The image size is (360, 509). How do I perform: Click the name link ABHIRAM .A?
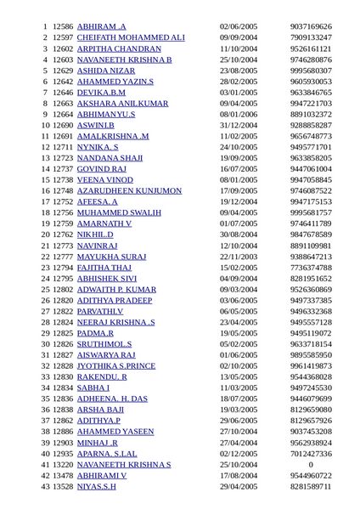(x=101, y=27)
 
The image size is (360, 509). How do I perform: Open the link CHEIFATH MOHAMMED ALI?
(x=130, y=38)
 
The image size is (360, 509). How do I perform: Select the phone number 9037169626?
(x=311, y=27)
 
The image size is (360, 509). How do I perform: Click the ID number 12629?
(x=63, y=71)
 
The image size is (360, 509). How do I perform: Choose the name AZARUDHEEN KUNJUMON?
(x=129, y=190)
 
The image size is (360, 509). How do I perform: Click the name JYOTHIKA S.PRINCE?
(x=116, y=365)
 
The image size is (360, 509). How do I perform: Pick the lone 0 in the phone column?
(x=311, y=465)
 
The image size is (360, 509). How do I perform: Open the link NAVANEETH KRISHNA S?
(x=124, y=465)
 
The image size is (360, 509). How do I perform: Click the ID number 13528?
(x=63, y=487)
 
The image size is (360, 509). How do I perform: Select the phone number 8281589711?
(x=311, y=487)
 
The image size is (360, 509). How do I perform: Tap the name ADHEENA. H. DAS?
(x=112, y=398)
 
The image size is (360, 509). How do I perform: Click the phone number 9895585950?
(x=311, y=354)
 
